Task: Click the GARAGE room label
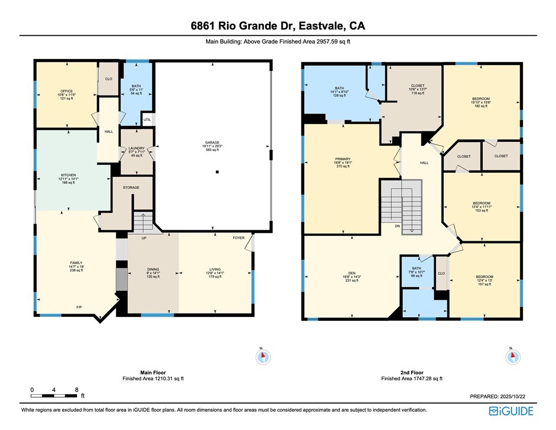(212, 142)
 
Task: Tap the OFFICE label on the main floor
(67, 92)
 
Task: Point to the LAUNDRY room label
(136, 148)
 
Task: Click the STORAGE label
(131, 188)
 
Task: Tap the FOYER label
(238, 238)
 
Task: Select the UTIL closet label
(147, 119)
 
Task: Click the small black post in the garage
(218, 172)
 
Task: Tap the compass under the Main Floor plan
(263, 357)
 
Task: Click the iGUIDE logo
(511, 411)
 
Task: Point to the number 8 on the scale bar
(76, 390)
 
